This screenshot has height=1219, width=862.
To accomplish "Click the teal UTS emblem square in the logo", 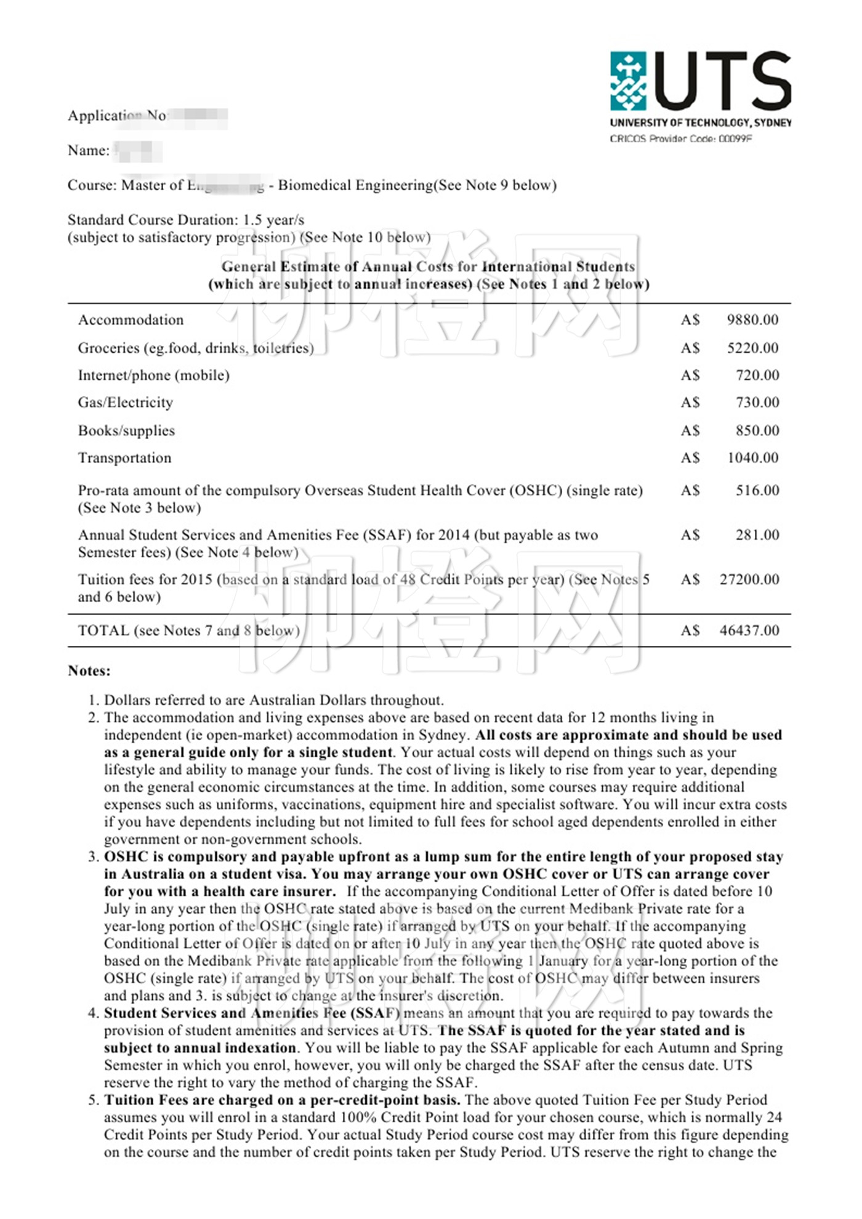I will coord(628,81).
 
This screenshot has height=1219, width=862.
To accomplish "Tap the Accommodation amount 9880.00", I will coord(752,320).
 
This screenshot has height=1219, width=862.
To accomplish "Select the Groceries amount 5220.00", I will coord(752,348).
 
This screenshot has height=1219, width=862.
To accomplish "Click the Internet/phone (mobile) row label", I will coord(153,375).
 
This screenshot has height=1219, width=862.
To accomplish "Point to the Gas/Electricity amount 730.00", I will coord(757,402).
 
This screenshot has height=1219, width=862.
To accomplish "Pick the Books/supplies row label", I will coord(126,430).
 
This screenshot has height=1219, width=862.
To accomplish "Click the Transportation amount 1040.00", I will coord(752,457).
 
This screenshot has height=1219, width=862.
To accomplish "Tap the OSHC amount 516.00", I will coord(757,490).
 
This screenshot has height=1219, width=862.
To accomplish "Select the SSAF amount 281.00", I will coord(757,534).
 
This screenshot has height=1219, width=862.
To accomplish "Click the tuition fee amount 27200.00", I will coord(749,579).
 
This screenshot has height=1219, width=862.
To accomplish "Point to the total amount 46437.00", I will coord(749,630).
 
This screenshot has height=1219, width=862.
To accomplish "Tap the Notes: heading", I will coord(89,670).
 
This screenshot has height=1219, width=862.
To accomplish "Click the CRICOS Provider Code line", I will coord(680,139).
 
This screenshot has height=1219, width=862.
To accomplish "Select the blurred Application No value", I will coord(197,116).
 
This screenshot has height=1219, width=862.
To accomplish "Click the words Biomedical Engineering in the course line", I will coord(356,185).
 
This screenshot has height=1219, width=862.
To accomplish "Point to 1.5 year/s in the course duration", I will coord(273,220).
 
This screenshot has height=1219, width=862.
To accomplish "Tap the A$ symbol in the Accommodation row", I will coord(690,320).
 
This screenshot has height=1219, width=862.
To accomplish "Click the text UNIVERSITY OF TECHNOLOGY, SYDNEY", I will coord(701,123).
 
